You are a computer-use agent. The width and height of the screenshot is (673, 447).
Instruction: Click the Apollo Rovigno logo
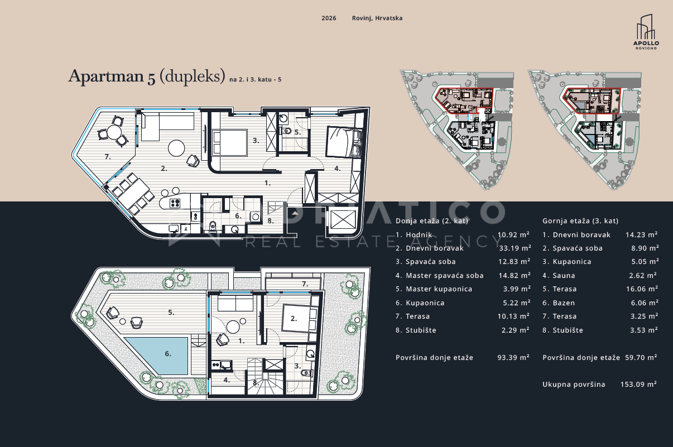(646, 32)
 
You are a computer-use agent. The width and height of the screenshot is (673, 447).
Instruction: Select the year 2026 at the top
(329, 18)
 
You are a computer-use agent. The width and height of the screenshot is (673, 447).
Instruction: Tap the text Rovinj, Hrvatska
(377, 18)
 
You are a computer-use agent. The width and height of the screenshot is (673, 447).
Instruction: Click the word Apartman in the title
(106, 76)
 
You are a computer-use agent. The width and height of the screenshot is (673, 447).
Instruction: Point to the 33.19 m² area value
(515, 248)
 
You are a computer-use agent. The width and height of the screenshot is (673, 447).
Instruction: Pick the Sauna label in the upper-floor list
(564, 276)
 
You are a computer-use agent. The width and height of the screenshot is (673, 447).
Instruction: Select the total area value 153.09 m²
(638, 384)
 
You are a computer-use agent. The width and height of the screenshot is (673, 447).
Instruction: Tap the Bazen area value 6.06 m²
(645, 303)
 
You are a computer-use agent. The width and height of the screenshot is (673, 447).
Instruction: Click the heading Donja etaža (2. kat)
(432, 221)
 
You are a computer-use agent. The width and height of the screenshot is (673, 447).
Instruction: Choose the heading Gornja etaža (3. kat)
(580, 221)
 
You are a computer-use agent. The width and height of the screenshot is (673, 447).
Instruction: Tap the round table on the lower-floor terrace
(114, 132)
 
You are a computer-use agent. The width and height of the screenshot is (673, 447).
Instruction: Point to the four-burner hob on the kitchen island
(175, 203)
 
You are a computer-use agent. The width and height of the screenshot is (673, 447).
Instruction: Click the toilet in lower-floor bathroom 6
(213, 227)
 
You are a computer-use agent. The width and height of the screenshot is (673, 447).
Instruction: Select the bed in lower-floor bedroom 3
(229, 142)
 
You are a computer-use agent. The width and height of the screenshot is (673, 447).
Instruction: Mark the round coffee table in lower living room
(176, 148)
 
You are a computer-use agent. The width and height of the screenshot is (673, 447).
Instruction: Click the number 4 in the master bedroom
(337, 169)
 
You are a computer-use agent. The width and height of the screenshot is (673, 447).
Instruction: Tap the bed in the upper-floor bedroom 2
(300, 319)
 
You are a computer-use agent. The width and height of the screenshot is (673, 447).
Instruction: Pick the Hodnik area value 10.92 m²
(513, 234)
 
